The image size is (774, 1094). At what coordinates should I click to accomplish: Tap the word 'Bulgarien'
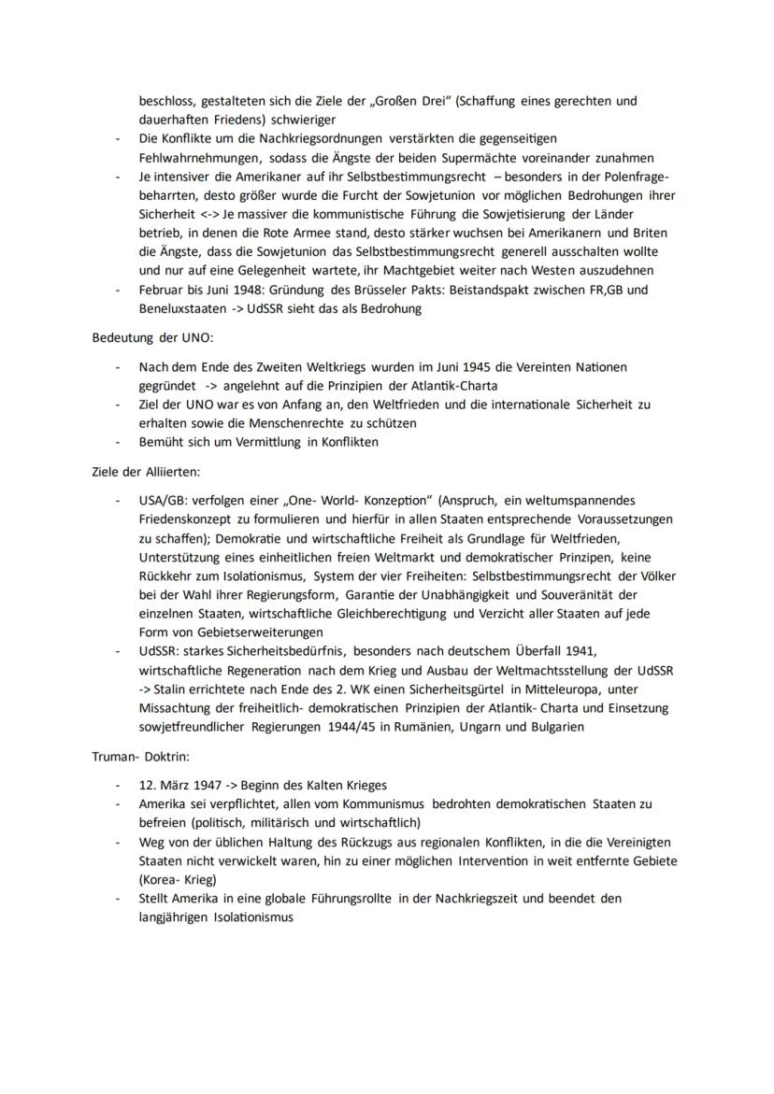click(554, 727)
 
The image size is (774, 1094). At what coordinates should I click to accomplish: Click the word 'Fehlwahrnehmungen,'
click(199, 157)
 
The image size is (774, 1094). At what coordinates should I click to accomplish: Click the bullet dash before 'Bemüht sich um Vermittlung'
click(118, 442)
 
